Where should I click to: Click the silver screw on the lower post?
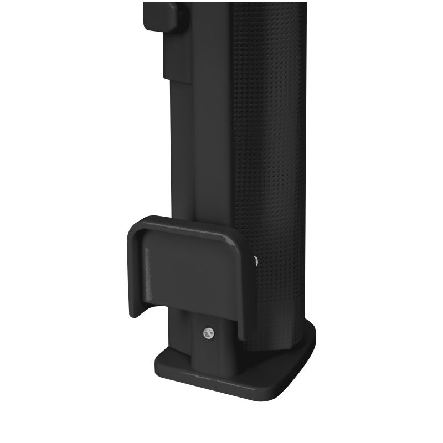(209, 332)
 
